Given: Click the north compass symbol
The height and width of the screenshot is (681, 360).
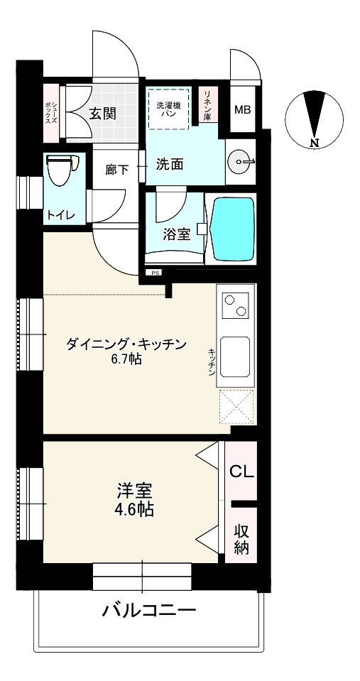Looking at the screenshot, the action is (314, 119).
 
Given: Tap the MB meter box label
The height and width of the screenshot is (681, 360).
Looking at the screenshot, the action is (243, 110).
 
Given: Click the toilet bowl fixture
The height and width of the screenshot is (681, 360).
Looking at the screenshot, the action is (61, 170).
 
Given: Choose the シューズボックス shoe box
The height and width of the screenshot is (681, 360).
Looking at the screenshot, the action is (51, 112).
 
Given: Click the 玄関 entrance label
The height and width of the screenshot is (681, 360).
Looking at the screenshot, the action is (102, 114).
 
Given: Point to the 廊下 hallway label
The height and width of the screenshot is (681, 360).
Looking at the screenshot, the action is (117, 169).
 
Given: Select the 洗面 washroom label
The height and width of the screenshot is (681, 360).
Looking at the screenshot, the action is (170, 164).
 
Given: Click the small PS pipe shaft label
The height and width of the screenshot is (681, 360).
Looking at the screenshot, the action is (155, 273).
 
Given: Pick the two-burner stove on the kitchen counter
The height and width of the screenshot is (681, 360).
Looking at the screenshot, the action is (236, 305).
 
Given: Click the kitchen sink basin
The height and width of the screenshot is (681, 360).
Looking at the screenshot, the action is (235, 356).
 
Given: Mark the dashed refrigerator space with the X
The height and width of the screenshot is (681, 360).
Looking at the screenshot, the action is (236, 406).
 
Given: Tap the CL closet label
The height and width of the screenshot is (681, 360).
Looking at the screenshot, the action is (241, 472).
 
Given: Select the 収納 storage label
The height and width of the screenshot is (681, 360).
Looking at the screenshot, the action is (242, 539).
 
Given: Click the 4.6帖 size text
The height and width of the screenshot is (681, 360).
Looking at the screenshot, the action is (134, 509).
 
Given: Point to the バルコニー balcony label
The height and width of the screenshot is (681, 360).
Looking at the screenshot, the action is (149, 611).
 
